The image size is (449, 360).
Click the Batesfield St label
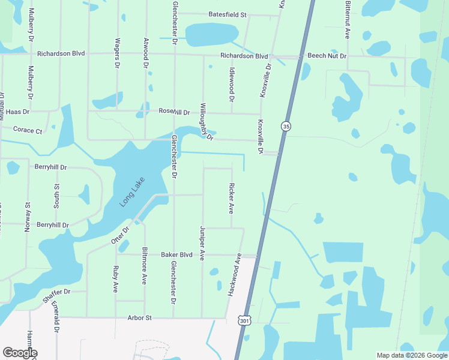click(x=228, y=14)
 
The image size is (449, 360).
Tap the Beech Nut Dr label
click(x=327, y=56)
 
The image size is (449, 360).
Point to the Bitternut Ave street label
click(x=348, y=20)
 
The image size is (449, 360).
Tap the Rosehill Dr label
click(x=174, y=112)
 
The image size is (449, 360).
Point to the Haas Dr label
click(x=17, y=112)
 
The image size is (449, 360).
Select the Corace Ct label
click(x=28, y=130)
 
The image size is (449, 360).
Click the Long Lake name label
click(x=128, y=195)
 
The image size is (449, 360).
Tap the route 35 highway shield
click(x=285, y=126)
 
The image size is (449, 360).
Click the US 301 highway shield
click(x=244, y=321)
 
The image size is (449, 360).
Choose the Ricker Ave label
click(x=231, y=199)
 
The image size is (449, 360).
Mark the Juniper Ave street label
click(x=202, y=243)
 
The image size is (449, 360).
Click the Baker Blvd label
click(x=176, y=255)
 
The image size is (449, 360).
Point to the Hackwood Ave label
click(x=234, y=274)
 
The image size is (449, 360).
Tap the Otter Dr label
click(x=120, y=235)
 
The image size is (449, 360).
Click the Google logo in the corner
click(x=20, y=353)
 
